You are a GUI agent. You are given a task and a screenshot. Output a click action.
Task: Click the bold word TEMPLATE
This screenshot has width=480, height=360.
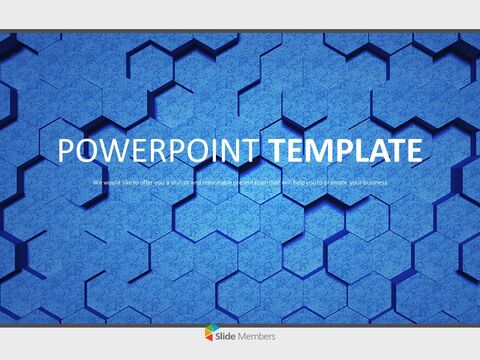coord(342,152)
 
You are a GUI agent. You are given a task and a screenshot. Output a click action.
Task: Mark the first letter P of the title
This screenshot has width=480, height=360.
coord(67,152)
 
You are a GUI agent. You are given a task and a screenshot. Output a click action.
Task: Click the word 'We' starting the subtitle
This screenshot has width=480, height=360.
coord(97,183)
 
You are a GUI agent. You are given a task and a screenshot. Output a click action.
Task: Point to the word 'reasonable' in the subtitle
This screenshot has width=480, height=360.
coord(212,183)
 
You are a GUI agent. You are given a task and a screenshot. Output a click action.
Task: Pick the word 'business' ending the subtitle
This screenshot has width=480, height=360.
coord(373,183)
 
